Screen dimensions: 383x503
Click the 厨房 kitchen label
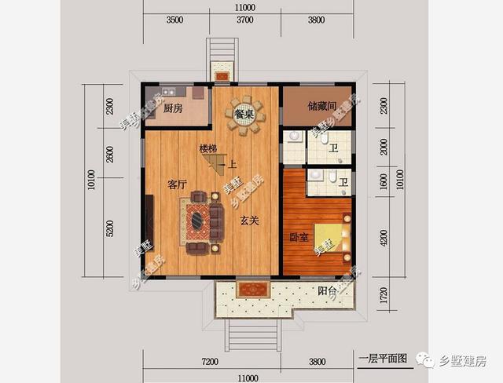coord(174,108)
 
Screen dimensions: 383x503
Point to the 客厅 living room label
coord(178,184)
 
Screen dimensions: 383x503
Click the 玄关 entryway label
coord(250,221)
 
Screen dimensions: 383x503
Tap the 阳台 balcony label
coord(329,291)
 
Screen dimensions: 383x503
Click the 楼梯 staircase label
coord(208,148)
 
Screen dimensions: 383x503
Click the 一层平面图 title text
coord(382,360)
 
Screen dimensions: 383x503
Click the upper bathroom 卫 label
coord(334,148)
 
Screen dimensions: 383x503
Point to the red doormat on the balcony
coord(253,289)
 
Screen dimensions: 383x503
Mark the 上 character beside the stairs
coord(233,166)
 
